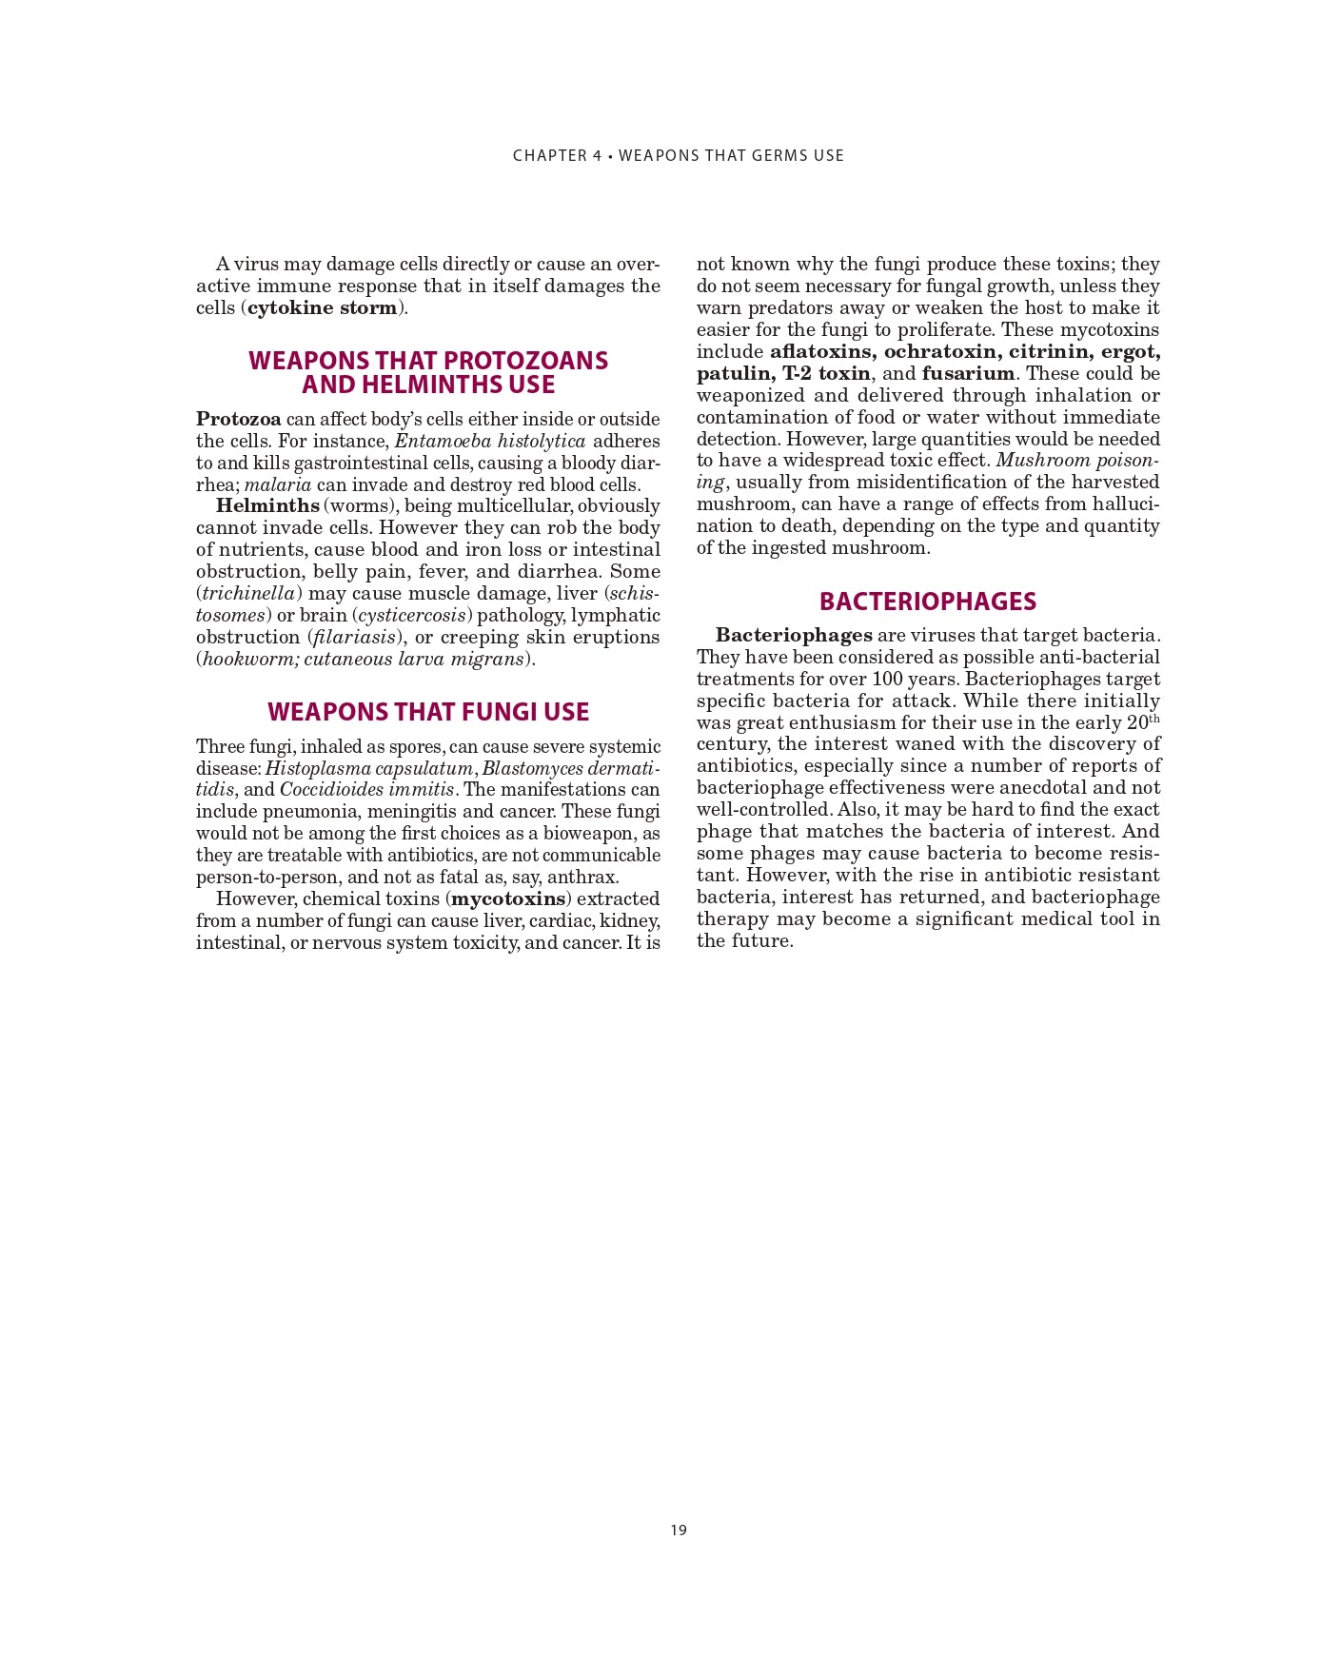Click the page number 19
[x=678, y=1530]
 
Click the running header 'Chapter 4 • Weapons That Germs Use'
[x=678, y=155]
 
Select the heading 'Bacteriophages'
[x=927, y=602]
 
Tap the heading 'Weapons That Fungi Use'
[x=428, y=712]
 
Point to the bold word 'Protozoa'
[x=239, y=419]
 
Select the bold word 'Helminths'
[x=267, y=505]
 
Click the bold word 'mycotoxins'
[x=508, y=898]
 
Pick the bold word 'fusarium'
[x=968, y=373]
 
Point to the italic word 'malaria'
[x=278, y=484]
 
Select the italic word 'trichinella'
[x=248, y=593]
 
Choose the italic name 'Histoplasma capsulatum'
[x=368, y=768]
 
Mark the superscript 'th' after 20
[x=1154, y=718]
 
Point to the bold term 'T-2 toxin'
[x=826, y=373]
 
